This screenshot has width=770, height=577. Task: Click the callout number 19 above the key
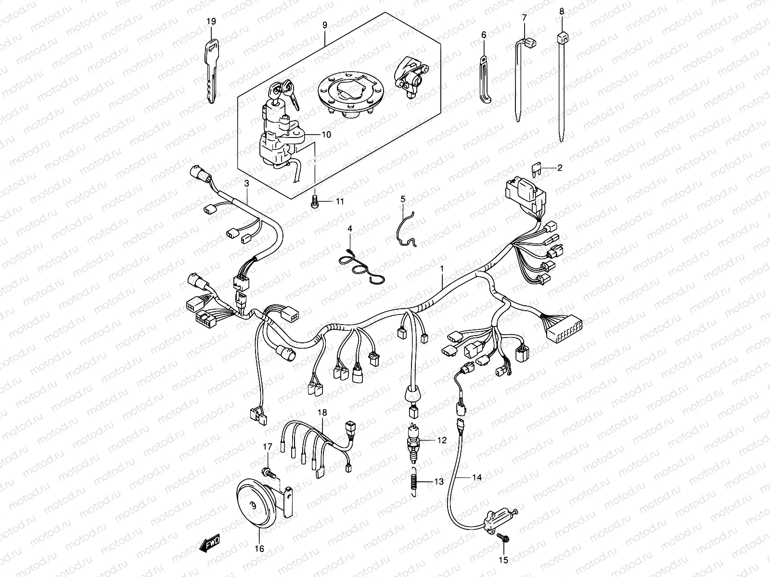(x=211, y=21)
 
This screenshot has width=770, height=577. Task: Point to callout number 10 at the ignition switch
(x=326, y=135)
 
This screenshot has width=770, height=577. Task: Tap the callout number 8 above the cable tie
(x=561, y=11)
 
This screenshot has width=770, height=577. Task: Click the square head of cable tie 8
(x=562, y=38)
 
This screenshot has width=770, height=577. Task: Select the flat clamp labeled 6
(x=485, y=79)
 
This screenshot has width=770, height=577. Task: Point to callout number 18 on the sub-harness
(x=321, y=413)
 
